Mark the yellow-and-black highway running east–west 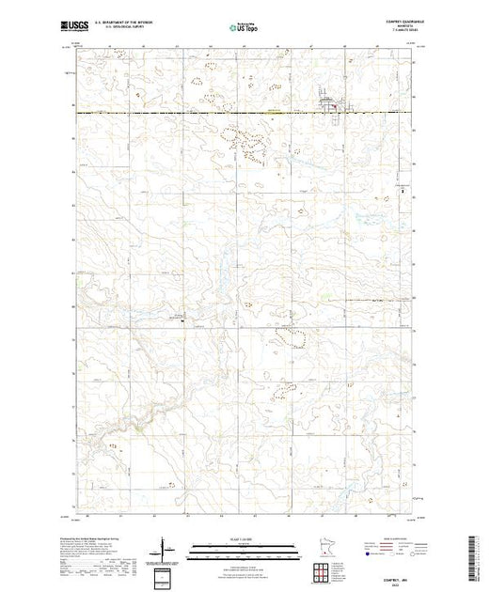pyautogui.click(x=188, y=114)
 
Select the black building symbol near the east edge pyautogui.click(x=403, y=188)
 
